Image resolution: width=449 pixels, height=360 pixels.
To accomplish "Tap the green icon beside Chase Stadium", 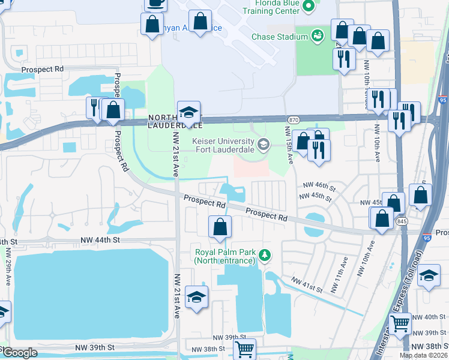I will click(x=317, y=37).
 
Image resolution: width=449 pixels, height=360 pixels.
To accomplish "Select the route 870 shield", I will click(x=294, y=120).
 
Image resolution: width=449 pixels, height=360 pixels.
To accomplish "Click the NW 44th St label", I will click(x=101, y=239).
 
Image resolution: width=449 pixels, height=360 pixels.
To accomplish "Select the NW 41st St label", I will click(x=307, y=285).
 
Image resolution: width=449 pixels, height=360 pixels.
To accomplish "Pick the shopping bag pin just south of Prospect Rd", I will click(x=220, y=227).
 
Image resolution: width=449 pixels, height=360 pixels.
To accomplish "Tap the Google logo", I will click(x=20, y=353).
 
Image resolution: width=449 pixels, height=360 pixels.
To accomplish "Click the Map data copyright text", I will click(x=423, y=355).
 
